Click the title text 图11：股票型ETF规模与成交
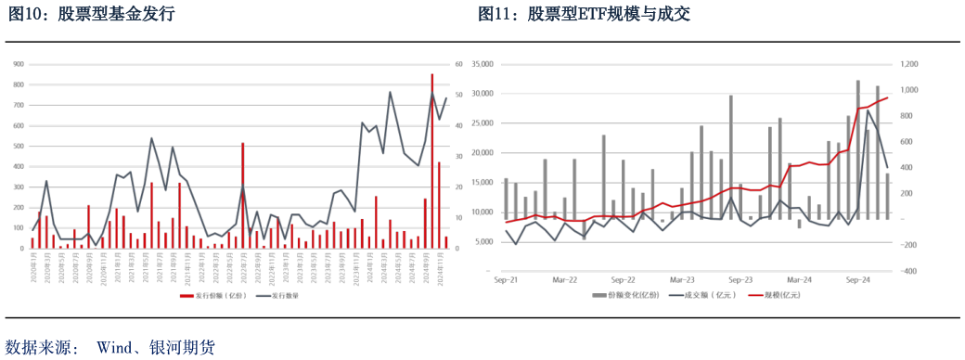coord(584,15)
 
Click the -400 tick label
coord(906,272)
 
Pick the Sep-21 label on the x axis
coord(507,278)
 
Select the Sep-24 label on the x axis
coord(857,278)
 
